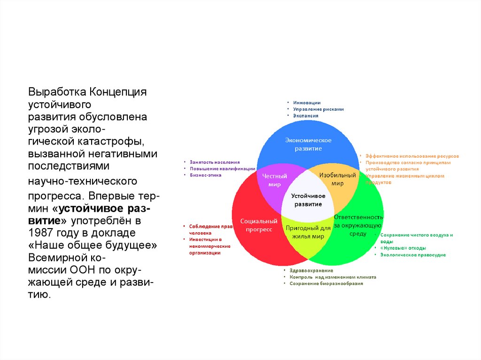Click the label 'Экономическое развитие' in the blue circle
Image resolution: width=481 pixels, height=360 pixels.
(x=308, y=145)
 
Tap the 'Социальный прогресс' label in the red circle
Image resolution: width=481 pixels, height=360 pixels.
(x=256, y=225)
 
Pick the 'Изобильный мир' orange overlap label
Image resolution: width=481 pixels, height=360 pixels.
(x=337, y=179)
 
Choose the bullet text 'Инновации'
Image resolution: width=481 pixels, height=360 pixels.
(x=307, y=102)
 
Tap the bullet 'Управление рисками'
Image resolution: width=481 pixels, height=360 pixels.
(x=318, y=109)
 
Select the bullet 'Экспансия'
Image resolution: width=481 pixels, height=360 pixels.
(x=306, y=115)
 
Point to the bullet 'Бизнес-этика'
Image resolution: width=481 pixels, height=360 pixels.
(x=205, y=175)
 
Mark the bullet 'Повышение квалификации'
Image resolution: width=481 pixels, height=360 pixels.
(x=222, y=168)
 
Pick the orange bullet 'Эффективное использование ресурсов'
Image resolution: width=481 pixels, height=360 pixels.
(x=412, y=156)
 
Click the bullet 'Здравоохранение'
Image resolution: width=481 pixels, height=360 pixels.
(x=311, y=270)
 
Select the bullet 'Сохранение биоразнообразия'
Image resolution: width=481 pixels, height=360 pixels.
(x=326, y=283)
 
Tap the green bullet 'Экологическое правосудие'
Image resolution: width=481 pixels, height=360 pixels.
(x=413, y=255)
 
